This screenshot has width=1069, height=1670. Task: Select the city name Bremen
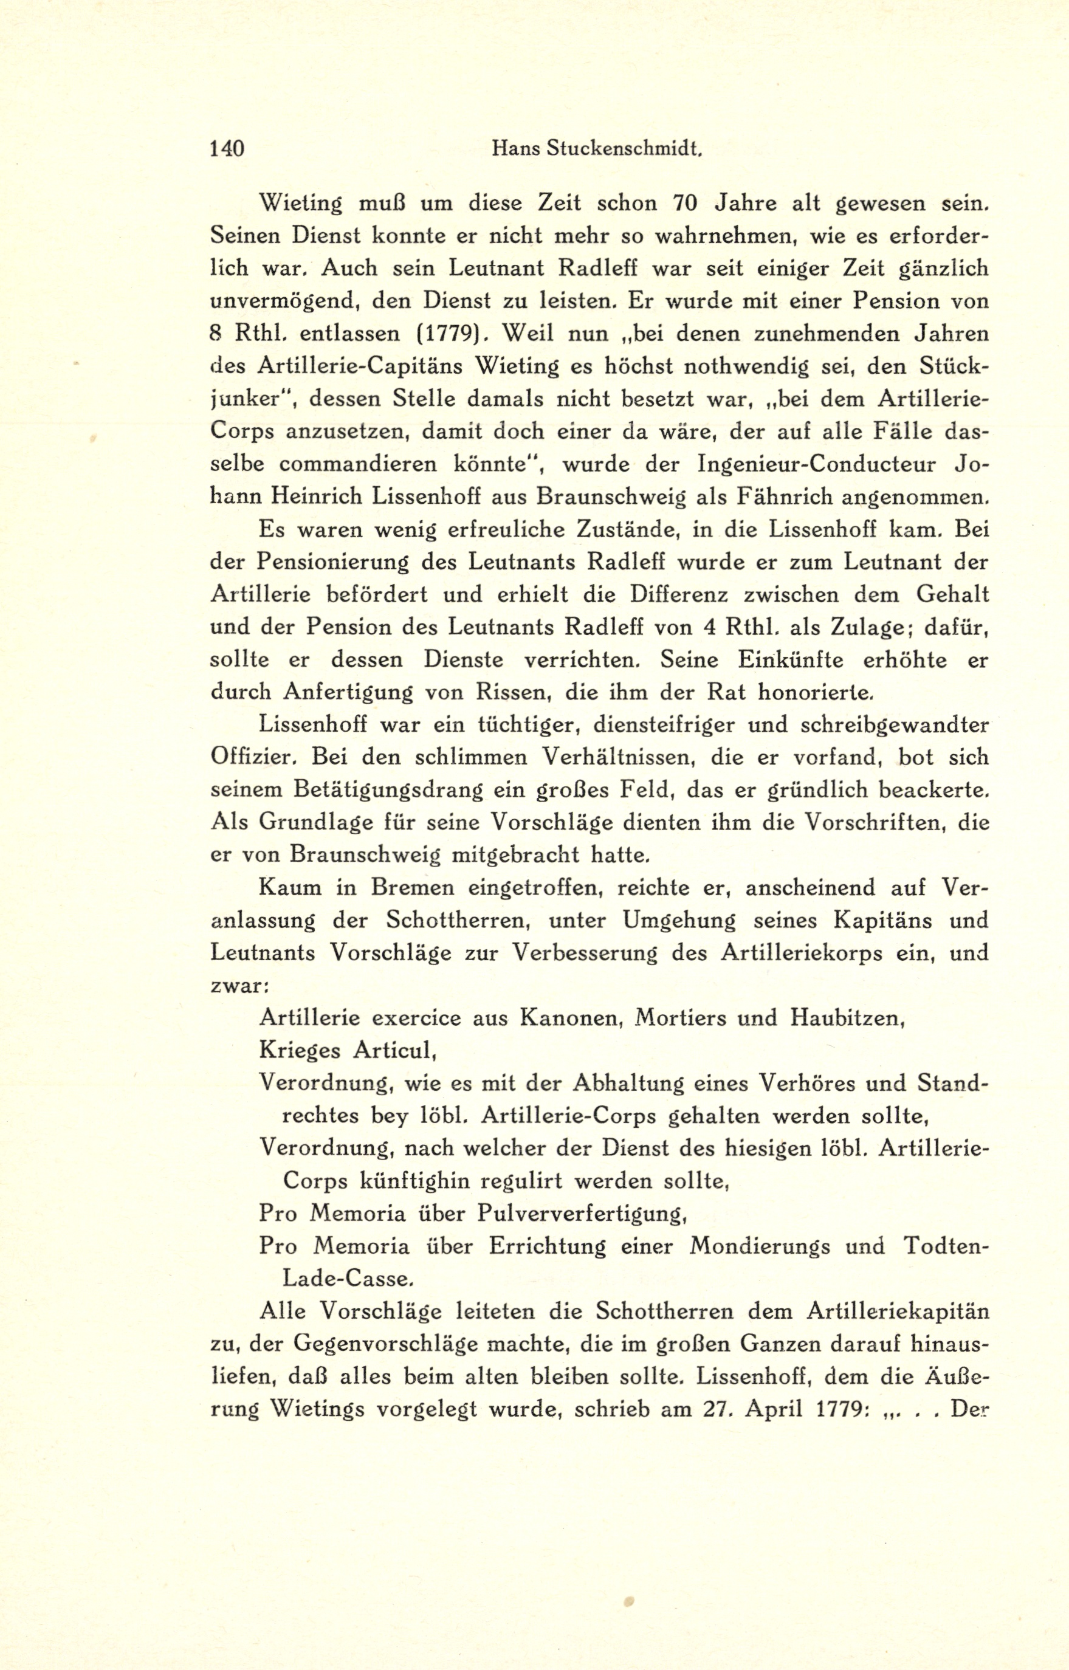(405, 888)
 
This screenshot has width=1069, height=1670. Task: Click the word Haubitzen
(846, 1019)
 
